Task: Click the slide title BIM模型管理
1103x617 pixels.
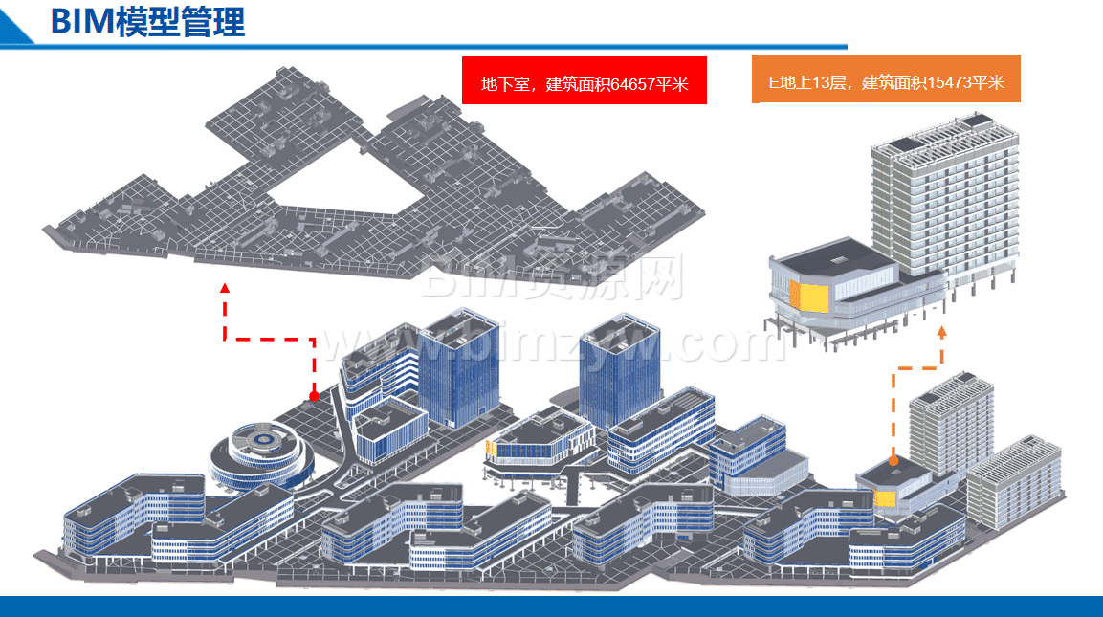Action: (x=147, y=22)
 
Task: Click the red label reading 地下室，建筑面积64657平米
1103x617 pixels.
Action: (x=584, y=80)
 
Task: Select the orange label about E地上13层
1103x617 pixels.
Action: (x=886, y=78)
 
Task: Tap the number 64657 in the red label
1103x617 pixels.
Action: (x=632, y=84)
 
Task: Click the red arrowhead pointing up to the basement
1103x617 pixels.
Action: (x=225, y=288)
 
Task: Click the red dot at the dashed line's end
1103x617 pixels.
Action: (x=315, y=396)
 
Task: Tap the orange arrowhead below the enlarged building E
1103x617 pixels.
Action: (x=942, y=331)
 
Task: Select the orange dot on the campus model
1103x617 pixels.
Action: (x=893, y=461)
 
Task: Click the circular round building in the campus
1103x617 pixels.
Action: (x=262, y=455)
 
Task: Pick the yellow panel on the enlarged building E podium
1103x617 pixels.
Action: (x=809, y=297)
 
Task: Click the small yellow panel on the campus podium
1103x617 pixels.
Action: (x=885, y=498)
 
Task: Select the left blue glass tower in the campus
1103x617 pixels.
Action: (x=459, y=368)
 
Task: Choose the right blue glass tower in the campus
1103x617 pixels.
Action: (x=620, y=370)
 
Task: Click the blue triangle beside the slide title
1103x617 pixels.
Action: (x=14, y=27)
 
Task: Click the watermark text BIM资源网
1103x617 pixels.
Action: (x=552, y=276)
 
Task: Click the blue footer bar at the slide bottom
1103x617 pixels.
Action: (x=551, y=606)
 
